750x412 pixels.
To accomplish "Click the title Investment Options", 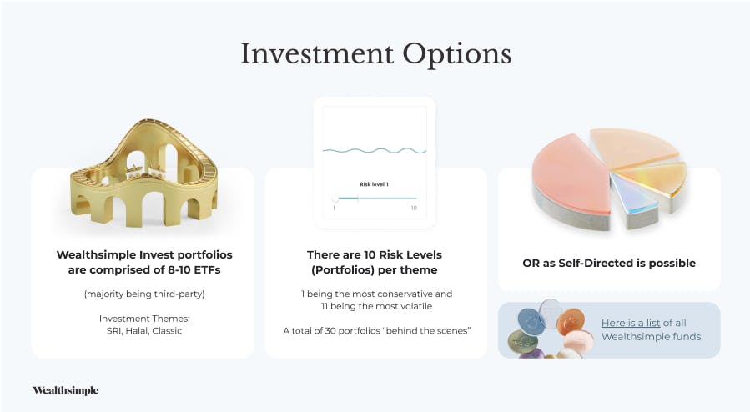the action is [375, 54].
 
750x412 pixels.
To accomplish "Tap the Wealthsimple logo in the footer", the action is [66, 390].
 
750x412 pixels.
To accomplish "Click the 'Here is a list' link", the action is [631, 323].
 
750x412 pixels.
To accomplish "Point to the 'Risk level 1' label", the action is [374, 184].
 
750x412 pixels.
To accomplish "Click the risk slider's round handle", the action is [335, 198].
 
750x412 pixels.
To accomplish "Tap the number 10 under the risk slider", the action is [414, 208].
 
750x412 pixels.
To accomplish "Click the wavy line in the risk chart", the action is [375, 151].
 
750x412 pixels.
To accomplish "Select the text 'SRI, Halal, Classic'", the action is [144, 331].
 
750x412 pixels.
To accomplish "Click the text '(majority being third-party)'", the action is [144, 294].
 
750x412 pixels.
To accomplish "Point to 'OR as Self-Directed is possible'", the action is [609, 263].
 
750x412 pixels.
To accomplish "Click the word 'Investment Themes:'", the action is [144, 319].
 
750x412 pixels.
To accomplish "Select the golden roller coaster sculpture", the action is [143, 173].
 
